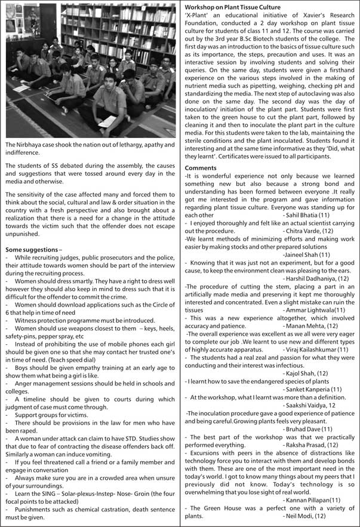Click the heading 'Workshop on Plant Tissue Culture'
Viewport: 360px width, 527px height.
point(233,7)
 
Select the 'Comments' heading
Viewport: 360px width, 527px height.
point(200,168)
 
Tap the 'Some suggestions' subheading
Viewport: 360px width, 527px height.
point(32,249)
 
